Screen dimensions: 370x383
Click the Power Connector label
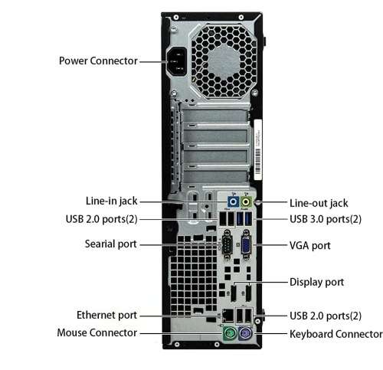click(x=98, y=61)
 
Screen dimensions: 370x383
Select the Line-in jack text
click(x=112, y=201)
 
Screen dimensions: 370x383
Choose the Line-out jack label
click(x=318, y=203)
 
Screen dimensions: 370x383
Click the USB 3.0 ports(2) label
click(x=326, y=219)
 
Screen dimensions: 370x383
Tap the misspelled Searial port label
click(x=110, y=244)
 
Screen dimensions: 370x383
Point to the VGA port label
click(x=310, y=246)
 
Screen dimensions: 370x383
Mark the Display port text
click(x=316, y=282)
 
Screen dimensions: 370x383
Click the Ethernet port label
click(x=106, y=315)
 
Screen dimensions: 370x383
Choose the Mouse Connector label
click(x=97, y=332)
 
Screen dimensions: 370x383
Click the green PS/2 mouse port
click(x=228, y=336)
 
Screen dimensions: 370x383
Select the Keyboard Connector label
click(x=335, y=334)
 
